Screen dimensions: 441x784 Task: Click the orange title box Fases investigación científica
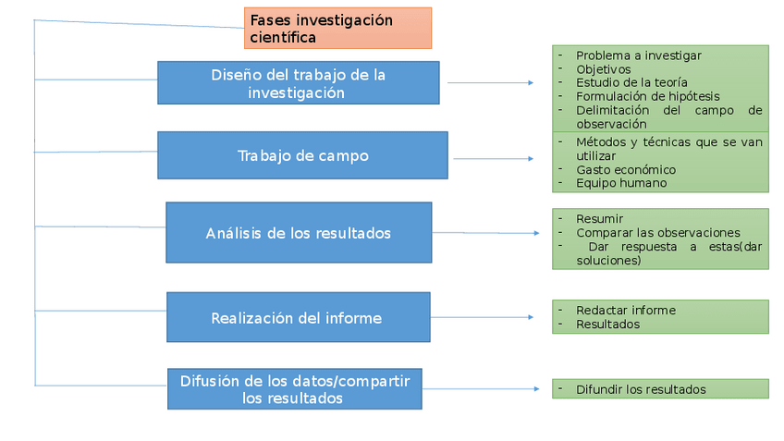[337, 28]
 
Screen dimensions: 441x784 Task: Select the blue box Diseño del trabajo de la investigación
[298, 83]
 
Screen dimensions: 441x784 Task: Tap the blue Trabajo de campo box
[302, 155]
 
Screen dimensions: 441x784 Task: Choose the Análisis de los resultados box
[298, 233]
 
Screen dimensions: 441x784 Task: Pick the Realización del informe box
[298, 318]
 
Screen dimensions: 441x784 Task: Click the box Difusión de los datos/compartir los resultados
[294, 389]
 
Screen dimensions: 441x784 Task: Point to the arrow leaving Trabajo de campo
[492, 159]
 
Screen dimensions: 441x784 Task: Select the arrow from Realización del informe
[482, 318]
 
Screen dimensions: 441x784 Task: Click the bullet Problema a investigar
[638, 55]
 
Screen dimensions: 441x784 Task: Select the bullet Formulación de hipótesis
[647, 96]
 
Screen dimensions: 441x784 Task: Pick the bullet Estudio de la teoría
[631, 82]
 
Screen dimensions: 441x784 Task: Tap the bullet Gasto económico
[625, 170]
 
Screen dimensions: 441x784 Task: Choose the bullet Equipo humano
[620, 183]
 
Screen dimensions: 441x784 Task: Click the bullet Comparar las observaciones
[657, 233]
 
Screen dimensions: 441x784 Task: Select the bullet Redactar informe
[625, 311]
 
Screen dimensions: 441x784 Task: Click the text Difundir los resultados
[640, 390]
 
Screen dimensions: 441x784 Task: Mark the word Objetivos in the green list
[603, 69]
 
